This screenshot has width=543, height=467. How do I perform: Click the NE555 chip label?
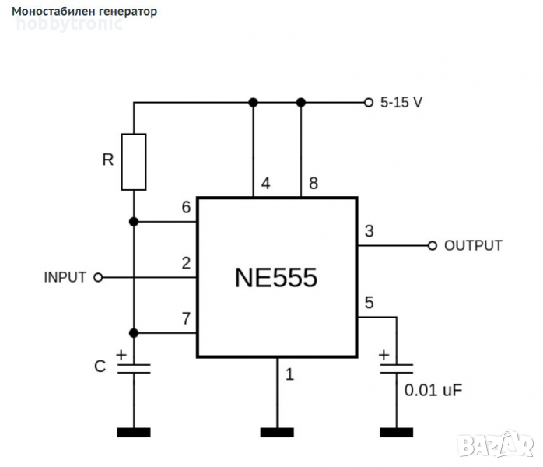click(276, 278)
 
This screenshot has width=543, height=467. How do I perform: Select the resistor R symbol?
click(134, 162)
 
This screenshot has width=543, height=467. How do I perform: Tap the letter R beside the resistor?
click(108, 161)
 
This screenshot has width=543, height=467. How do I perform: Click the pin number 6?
click(185, 208)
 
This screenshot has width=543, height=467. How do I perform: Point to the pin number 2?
click(185, 263)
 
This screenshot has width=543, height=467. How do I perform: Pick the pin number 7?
click(185, 318)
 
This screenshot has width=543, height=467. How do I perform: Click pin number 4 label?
click(266, 184)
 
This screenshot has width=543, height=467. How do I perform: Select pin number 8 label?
click(314, 184)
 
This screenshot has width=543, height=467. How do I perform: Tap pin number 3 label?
click(369, 231)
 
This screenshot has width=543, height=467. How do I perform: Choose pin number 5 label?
click(369, 302)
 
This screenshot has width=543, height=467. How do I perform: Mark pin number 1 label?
click(290, 374)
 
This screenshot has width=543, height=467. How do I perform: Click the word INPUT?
click(65, 277)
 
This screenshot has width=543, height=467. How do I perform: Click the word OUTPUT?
click(473, 245)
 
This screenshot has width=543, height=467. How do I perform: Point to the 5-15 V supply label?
click(401, 102)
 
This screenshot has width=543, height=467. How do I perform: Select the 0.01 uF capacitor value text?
click(433, 388)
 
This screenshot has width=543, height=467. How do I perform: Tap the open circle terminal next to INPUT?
click(98, 277)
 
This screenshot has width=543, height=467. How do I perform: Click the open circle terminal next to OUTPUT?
click(433, 245)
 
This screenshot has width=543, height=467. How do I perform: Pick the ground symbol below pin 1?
click(277, 431)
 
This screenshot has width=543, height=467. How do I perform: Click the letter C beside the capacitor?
click(100, 366)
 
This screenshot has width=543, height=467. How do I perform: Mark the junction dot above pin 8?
click(302, 102)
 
